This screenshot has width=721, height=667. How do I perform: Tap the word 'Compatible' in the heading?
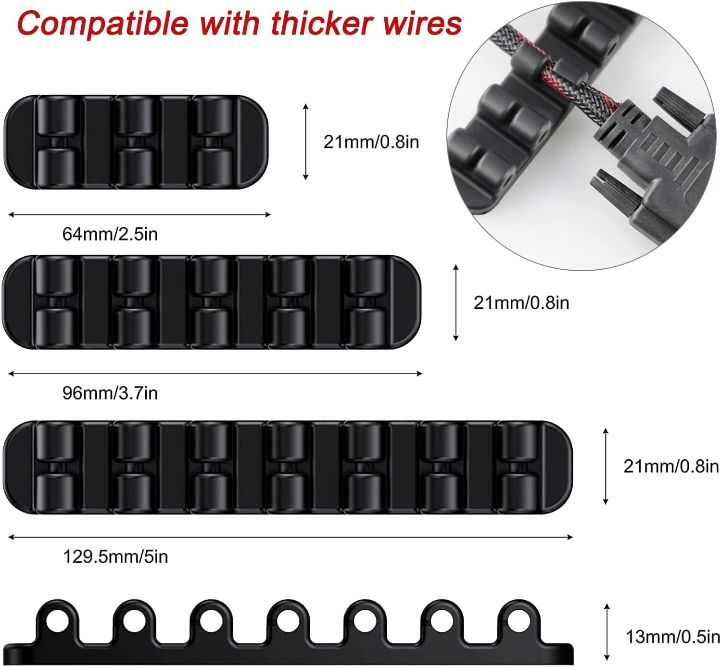pos(103,25)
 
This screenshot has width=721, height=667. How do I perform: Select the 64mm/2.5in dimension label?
pos(110,234)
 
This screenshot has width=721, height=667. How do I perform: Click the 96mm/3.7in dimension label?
pos(110,393)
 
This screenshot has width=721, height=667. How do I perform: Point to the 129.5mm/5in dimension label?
pos(115,556)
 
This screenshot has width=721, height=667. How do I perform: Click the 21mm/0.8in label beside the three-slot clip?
pos(371,142)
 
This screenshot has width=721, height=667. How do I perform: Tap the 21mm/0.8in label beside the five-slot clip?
pos(521,303)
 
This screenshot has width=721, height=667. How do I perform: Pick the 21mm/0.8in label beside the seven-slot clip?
pos(671,466)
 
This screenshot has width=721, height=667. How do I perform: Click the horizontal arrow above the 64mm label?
pos(139,214)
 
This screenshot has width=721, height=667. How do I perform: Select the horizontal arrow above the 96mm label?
pos(215,374)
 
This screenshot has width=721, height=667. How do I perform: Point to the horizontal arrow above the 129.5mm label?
pos(291,537)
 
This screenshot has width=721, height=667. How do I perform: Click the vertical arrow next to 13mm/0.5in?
pos(607,632)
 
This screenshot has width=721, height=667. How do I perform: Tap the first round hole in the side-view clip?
pos(57,620)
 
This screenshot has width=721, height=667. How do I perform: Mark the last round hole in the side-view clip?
pos(518,620)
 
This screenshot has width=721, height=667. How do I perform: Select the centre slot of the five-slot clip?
pos(211,302)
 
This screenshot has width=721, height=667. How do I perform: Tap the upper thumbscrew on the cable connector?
pos(679,107)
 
